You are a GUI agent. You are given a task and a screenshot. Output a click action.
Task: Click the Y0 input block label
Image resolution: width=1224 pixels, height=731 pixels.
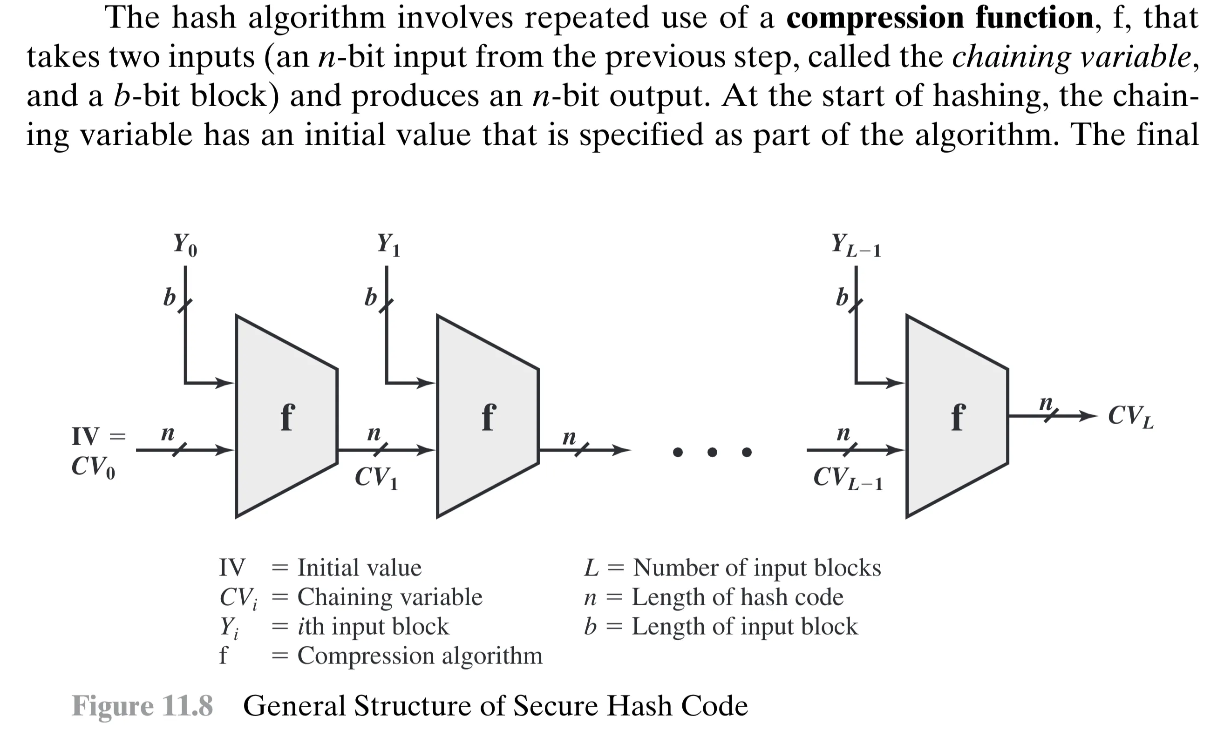coord(185,244)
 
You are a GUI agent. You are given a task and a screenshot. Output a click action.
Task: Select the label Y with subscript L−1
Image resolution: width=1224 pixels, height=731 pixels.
coord(856,245)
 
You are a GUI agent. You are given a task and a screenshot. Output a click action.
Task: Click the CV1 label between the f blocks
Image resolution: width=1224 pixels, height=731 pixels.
coord(376,477)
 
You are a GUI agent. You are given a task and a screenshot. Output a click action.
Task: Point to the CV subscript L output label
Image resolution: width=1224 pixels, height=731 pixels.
coord(1130,416)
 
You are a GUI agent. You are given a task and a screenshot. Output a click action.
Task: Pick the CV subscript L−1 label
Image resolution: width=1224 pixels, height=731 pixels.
coord(848,478)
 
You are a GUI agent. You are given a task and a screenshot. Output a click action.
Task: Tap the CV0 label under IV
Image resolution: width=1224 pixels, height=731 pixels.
coord(93,467)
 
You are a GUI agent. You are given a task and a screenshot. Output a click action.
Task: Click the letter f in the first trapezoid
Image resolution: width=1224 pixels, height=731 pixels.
coord(287,417)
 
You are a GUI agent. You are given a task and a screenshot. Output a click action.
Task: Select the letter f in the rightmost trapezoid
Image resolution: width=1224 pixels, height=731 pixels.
coord(958,417)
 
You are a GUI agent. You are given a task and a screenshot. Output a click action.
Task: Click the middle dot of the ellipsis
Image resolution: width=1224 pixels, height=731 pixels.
coord(712,452)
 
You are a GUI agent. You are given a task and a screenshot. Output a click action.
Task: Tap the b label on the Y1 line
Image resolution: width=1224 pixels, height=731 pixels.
coord(370,298)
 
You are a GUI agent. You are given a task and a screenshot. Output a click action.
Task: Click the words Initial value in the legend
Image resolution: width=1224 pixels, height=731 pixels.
coord(359,568)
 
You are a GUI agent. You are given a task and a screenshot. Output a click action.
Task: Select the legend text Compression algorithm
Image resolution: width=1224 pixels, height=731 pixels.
coord(420,656)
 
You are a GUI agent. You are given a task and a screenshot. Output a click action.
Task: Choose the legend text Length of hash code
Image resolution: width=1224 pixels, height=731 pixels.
coord(737,597)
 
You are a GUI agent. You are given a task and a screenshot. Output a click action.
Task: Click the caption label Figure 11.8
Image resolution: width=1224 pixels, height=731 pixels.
coord(143,706)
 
